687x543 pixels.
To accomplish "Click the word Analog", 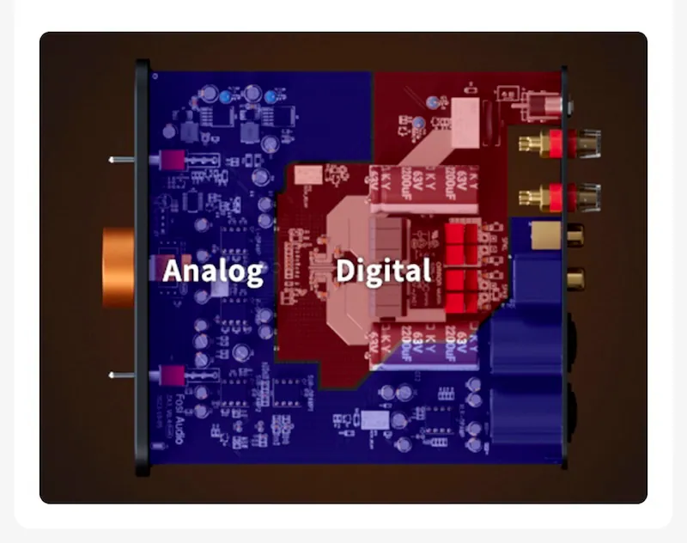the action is [x=213, y=271].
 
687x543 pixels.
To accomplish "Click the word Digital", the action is [x=383, y=271].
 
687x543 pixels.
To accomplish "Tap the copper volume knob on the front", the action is [x=119, y=267].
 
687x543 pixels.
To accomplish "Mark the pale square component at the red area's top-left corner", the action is [x=303, y=175].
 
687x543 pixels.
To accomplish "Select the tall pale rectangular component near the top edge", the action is [x=469, y=121].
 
